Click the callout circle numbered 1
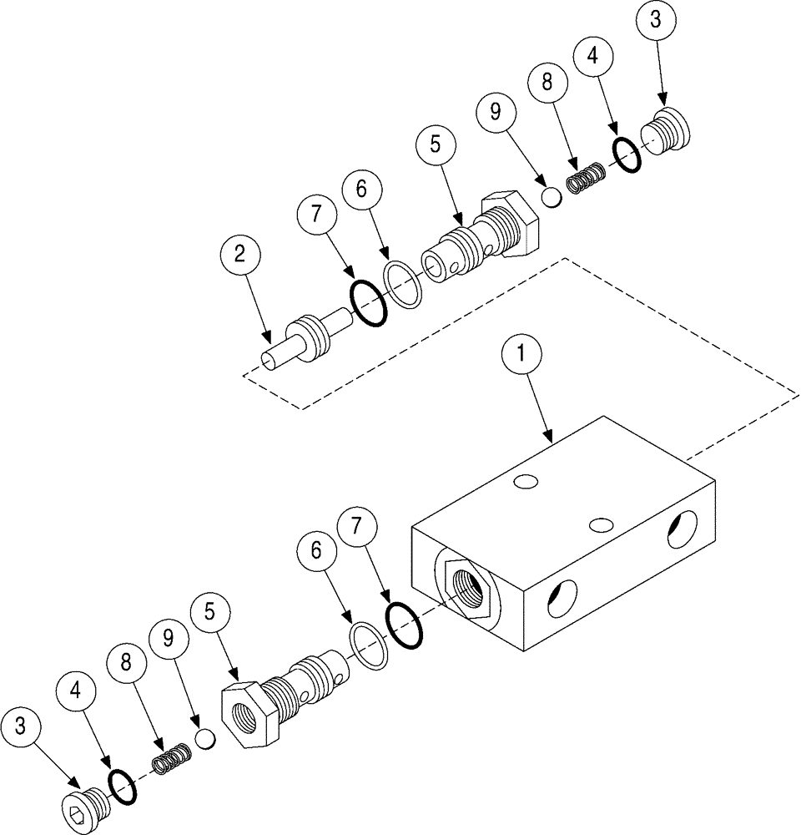[x=521, y=354]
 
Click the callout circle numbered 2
[x=239, y=256]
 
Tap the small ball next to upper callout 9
[x=551, y=198]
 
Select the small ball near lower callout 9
[x=206, y=739]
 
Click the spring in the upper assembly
[x=584, y=180]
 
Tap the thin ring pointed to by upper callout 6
[x=403, y=284]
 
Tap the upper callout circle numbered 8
[x=547, y=83]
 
